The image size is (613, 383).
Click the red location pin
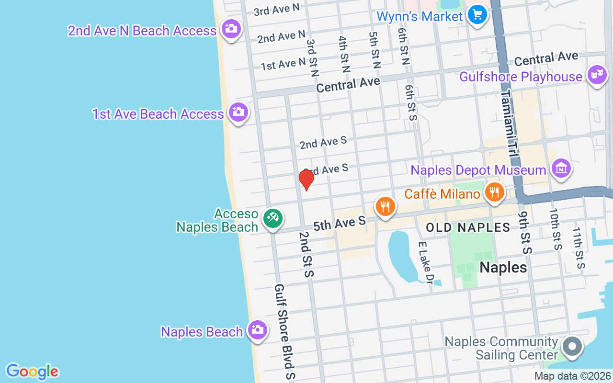click(x=306, y=179)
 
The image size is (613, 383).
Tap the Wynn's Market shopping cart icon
click(x=477, y=15)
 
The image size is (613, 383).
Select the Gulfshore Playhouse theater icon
click(x=597, y=75)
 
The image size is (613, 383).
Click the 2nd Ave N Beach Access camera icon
click(x=231, y=29)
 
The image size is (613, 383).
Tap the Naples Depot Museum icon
click(x=561, y=169)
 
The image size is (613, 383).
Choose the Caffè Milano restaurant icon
click(x=494, y=192)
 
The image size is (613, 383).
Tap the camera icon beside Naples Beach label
click(x=257, y=330)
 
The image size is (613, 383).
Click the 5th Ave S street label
click(x=340, y=223)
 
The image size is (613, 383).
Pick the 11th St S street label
click(x=579, y=248)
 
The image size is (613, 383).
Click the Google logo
click(x=32, y=372)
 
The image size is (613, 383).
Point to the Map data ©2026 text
click(x=572, y=376)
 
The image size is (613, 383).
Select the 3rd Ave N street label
click(x=276, y=10)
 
